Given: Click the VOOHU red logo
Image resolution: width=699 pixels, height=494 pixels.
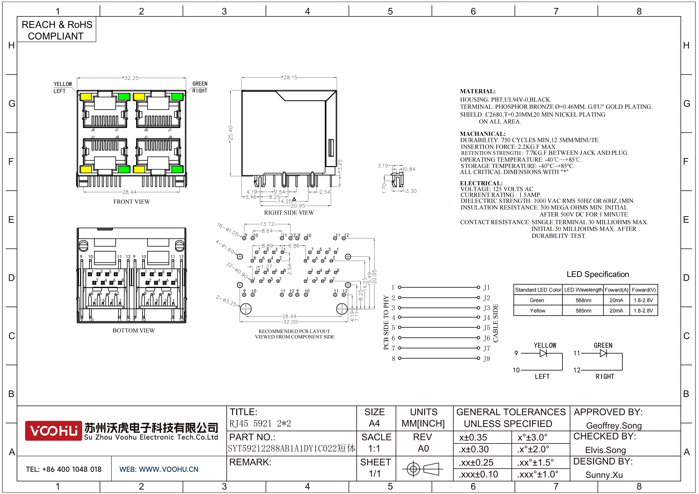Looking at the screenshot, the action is click(53, 431).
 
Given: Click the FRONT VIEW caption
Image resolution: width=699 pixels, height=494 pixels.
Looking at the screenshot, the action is click(132, 201).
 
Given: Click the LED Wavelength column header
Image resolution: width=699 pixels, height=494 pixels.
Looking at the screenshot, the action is click(583, 290).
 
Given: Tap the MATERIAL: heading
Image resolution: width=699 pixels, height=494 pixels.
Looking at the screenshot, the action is click(478, 91).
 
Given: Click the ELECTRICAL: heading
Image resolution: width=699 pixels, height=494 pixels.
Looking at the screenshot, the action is click(481, 183).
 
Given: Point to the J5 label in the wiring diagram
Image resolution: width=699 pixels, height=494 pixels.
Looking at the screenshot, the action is click(487, 328).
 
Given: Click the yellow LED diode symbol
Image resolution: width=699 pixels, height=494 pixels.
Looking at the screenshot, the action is click(543, 353).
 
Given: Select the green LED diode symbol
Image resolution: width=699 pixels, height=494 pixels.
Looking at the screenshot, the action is click(603, 353).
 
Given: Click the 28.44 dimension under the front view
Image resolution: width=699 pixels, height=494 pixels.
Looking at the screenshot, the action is click(129, 192).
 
